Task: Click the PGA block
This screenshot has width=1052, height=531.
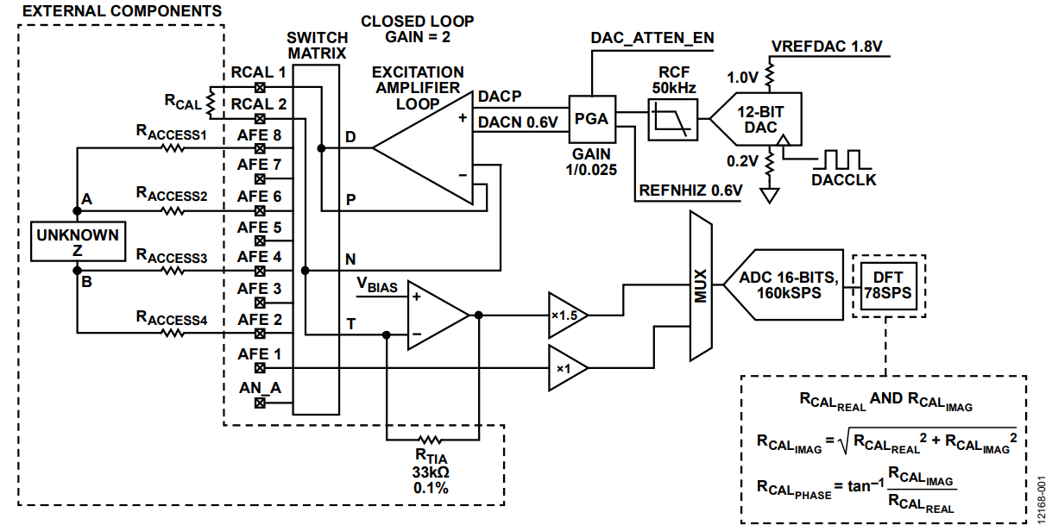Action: pos(592,119)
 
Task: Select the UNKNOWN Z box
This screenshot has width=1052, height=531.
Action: pos(78,241)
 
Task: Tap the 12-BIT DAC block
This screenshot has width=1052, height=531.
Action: pos(756,119)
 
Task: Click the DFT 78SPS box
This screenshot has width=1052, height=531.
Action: pos(889,285)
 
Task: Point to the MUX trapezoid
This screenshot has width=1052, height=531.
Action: pos(701,285)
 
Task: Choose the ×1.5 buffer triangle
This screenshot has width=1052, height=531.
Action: pos(568,315)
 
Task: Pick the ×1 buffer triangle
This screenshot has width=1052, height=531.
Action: pos(568,368)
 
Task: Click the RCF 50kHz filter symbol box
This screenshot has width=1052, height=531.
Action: pos(672,120)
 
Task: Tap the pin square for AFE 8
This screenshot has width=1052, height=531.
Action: pos(260,149)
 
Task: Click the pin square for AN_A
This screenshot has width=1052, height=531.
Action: pos(260,403)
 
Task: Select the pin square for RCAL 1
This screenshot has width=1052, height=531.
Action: pos(260,87)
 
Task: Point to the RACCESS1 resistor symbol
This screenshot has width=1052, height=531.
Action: pos(173,148)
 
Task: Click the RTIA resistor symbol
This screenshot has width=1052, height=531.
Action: pos(430,440)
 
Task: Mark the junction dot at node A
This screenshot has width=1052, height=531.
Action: pos(78,211)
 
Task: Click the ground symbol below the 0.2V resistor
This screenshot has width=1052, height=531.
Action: pos(769,195)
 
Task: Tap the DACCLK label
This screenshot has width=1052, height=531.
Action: pos(844,180)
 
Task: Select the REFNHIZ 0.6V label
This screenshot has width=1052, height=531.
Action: pos(691,191)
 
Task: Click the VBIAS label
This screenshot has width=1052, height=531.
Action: pos(376,285)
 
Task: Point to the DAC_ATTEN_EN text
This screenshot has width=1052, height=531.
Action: pos(652,38)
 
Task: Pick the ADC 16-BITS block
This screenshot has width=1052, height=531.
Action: pos(784,284)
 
